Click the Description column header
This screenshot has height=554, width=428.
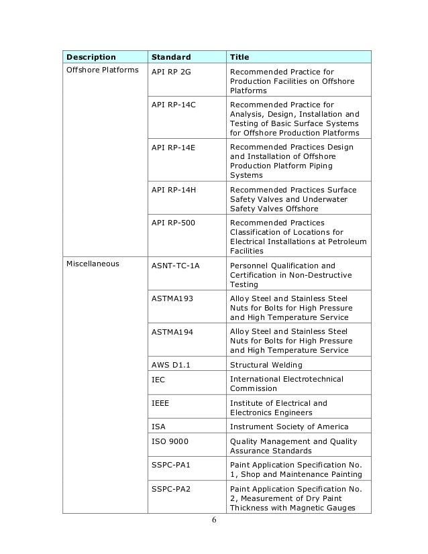click(90, 57)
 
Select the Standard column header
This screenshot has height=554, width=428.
click(170, 57)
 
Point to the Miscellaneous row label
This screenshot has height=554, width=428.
click(93, 264)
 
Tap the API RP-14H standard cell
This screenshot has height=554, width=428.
click(174, 190)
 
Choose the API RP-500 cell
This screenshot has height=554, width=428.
click(174, 223)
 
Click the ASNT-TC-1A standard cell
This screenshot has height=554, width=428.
click(176, 265)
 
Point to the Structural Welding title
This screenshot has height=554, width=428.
click(266, 365)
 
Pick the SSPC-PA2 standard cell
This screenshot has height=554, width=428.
click(172, 488)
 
